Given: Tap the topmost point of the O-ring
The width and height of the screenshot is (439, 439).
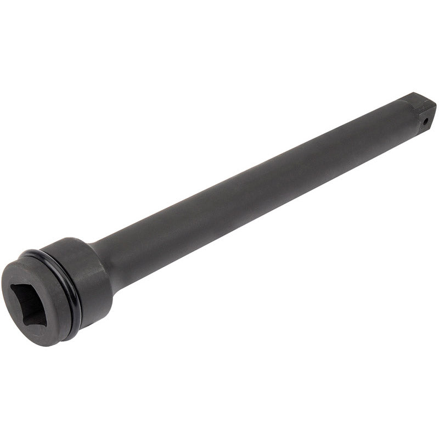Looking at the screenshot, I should [38, 252].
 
